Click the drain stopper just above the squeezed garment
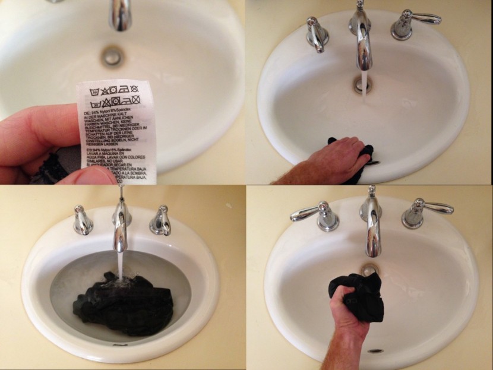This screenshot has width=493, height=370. tap(370, 270)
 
